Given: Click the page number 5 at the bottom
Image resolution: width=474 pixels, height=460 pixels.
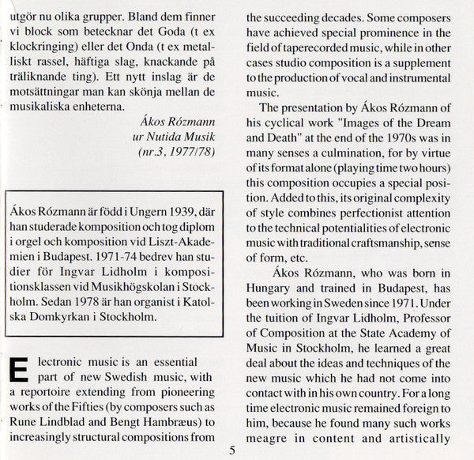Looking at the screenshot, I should (231, 451).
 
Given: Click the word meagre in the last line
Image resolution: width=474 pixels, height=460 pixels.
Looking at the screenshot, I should (271, 439).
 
